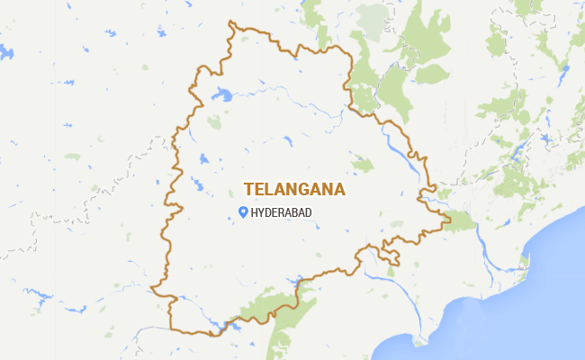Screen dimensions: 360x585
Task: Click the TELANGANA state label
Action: pos(295,190)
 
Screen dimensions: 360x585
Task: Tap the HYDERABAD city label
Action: pos(283,212)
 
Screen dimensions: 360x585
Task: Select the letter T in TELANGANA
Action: pos(248,190)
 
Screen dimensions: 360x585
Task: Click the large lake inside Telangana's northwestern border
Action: pos(221,93)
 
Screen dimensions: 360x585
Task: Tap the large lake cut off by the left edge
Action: pos(5,51)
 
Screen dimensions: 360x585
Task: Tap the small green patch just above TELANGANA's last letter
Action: pos(362,164)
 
